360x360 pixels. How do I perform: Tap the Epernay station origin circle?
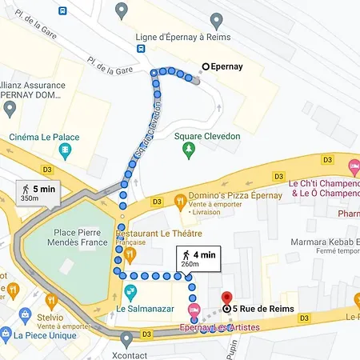click(206, 67)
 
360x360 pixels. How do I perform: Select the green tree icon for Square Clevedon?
click(189, 150)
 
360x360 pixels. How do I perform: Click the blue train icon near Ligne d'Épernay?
click(142, 48)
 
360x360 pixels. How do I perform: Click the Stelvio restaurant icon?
click(51, 302)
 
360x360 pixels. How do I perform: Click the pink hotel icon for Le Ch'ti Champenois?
click(353, 166)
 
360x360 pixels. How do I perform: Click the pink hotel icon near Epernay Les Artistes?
click(193, 310)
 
